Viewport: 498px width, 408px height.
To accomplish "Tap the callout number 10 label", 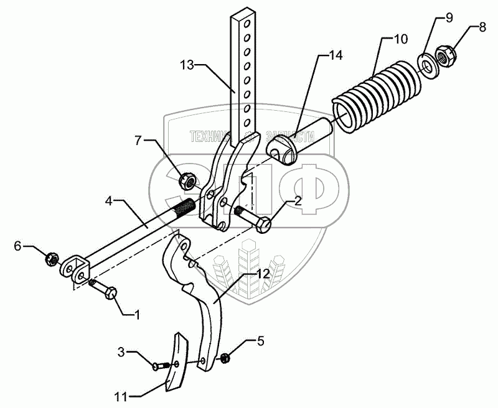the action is click(x=401, y=39).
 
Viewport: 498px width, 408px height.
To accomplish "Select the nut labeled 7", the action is click(x=186, y=181).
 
